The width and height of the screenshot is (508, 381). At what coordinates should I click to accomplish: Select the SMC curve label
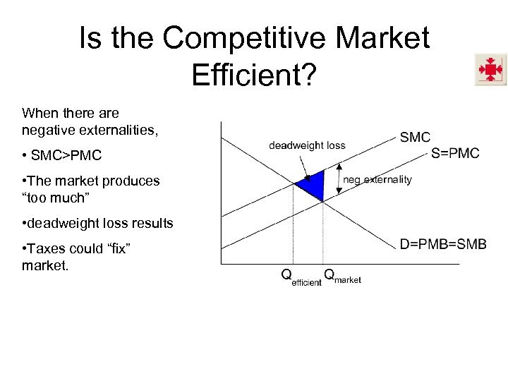point(415,138)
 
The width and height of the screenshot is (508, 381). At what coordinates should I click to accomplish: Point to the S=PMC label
point(455,153)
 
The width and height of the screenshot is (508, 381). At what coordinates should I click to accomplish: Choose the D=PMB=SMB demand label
point(443,244)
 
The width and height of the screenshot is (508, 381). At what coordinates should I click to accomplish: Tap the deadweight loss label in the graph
point(307,145)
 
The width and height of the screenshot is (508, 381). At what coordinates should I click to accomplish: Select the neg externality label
point(377,179)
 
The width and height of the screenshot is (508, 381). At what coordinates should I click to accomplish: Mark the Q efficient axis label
point(301,277)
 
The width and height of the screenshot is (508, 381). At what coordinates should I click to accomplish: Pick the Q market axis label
point(342,276)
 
